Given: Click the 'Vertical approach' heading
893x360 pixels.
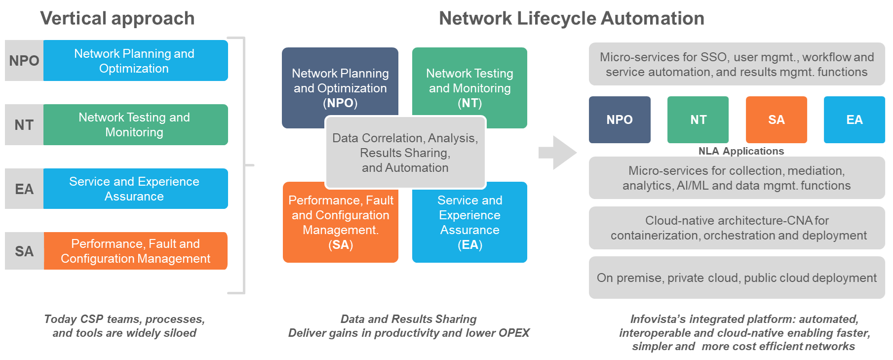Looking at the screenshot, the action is click(117, 18).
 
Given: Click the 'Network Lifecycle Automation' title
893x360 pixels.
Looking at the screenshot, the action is click(572, 18).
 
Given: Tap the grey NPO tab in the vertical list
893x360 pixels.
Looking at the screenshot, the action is click(24, 60).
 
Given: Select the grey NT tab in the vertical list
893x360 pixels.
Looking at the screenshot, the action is click(24, 124).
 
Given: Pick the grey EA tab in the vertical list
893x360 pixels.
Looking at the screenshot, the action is click(24, 189).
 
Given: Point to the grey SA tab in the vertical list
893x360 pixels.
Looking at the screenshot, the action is click(24, 251).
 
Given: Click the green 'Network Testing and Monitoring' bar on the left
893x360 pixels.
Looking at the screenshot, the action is click(136, 124).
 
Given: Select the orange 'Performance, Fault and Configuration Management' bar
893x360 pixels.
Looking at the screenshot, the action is click(136, 251).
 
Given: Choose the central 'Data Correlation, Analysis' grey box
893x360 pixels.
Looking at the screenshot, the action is click(405, 153).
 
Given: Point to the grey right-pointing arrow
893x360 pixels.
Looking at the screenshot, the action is click(557, 153).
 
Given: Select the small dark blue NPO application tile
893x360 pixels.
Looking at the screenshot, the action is click(620, 120).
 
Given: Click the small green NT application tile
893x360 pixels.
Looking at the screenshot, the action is click(698, 120).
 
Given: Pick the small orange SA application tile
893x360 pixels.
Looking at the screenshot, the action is click(777, 120).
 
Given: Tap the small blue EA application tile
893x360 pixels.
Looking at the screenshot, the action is click(854, 120).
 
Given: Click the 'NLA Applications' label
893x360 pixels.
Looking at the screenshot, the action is click(741, 151).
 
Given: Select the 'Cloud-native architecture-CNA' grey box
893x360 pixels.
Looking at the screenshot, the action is click(737, 228).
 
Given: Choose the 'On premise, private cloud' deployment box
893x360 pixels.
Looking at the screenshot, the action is click(737, 278).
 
